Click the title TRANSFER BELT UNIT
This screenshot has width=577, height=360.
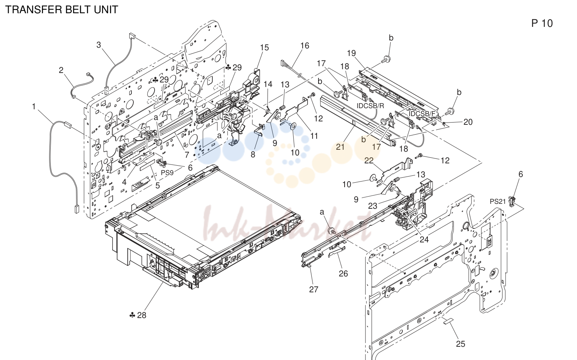[x=62, y=10]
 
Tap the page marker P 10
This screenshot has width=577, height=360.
[x=542, y=23]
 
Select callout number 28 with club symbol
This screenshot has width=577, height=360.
[x=138, y=315]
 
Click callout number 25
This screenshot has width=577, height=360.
[x=461, y=344]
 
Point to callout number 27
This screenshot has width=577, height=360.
[x=314, y=289]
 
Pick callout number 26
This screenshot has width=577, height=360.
[x=343, y=273]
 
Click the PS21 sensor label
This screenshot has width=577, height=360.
[x=498, y=202]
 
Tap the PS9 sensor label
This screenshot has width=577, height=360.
[x=167, y=173]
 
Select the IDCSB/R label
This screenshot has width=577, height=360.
[x=370, y=106]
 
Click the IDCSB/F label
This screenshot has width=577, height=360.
[x=422, y=114]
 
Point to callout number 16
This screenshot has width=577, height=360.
[x=305, y=46]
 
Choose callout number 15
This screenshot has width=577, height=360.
[x=264, y=47]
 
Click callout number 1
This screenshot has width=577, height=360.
[x=34, y=106]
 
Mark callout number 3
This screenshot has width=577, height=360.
[x=99, y=45]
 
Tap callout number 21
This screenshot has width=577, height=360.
[x=340, y=147]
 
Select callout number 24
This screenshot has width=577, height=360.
[x=424, y=239]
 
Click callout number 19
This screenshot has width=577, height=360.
[x=351, y=53]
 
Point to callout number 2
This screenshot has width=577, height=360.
[x=61, y=70]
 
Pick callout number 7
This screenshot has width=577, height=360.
[x=187, y=155]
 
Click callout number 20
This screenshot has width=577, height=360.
[x=468, y=122]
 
